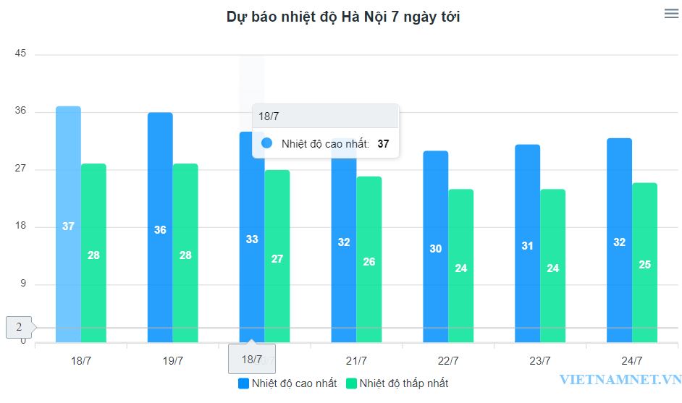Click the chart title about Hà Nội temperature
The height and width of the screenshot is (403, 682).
coord(343,17)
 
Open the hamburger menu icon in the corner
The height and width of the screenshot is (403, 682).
coord(671,13)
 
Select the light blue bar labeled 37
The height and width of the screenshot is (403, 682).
coord(68,224)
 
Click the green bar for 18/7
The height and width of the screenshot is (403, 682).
coord(93,253)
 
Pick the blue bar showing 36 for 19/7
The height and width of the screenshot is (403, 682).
coord(160,228)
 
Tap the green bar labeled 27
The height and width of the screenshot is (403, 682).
coord(277,257)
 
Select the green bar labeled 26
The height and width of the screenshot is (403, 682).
coord(369,260)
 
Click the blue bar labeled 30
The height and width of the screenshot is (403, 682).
coord(435,247)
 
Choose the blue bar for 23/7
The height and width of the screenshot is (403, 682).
coord(527,244)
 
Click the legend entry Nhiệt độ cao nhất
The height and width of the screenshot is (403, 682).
coord(287,383)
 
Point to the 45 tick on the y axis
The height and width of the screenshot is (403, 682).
coord(20,54)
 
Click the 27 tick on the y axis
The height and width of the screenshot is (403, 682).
coord(20,169)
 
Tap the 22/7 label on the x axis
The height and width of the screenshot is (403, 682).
coord(448,360)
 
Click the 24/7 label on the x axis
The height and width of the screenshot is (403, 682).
coord(632,360)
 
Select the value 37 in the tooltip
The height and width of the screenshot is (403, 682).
coord(383,144)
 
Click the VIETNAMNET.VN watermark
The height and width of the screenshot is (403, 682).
coord(620,379)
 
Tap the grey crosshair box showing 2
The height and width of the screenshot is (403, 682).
coord(19,328)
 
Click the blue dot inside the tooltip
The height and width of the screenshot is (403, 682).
coord(266,143)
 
